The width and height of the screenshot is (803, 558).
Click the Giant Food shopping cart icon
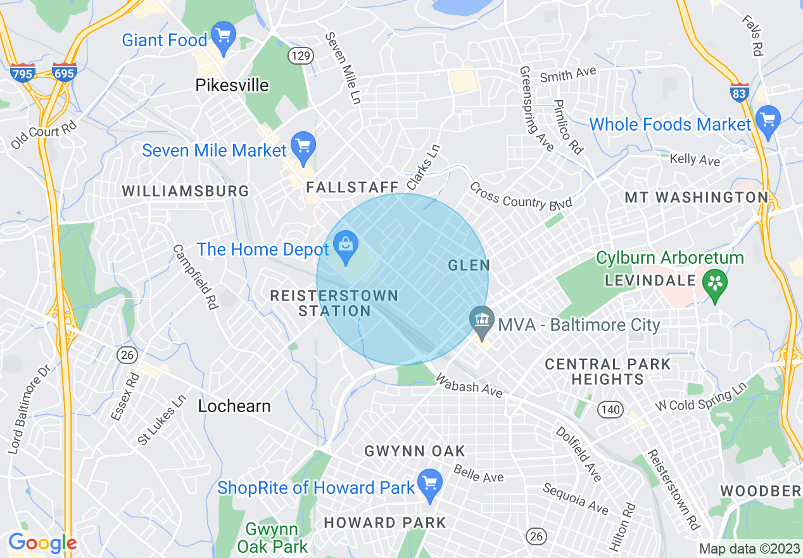click(223, 37)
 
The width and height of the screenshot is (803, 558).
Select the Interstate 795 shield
click(22, 72)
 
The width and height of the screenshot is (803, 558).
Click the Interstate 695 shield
click(65, 72)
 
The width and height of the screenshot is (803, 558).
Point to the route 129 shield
click(300, 56)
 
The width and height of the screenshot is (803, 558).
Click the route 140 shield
click(611, 410)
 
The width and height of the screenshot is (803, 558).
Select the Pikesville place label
click(232, 85)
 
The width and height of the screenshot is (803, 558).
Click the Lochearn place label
click(234, 406)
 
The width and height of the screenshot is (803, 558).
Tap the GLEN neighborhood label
click(468, 265)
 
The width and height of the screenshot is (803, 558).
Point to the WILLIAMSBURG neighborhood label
click(186, 191)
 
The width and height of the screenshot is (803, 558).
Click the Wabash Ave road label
click(469, 385)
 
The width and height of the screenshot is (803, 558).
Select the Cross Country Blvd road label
click(521, 196)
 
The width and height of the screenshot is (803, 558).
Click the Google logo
click(42, 543)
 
